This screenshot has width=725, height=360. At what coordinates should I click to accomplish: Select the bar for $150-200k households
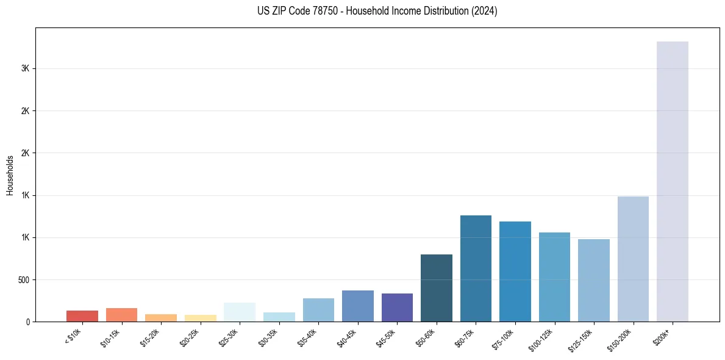coord(633,259)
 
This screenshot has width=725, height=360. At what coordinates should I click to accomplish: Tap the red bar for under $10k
coord(82,316)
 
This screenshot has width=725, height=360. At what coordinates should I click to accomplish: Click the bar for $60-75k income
coord(476,268)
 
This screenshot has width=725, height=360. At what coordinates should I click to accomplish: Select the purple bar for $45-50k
coord(397,308)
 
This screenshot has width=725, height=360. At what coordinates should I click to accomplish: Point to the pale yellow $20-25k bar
coord(201,318)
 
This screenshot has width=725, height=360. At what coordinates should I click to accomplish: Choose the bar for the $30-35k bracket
coord(279,317)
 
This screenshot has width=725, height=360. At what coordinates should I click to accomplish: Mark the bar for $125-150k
coord(593,280)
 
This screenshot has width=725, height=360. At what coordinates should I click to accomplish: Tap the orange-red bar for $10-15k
coord(121,315)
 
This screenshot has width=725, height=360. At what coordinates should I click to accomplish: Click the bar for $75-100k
coord(515,272)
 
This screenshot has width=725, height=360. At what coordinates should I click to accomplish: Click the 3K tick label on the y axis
coord(25,69)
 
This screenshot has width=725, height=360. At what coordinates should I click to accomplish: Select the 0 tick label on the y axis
coord(27,322)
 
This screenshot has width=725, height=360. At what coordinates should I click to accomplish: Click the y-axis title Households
coord(10,175)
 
